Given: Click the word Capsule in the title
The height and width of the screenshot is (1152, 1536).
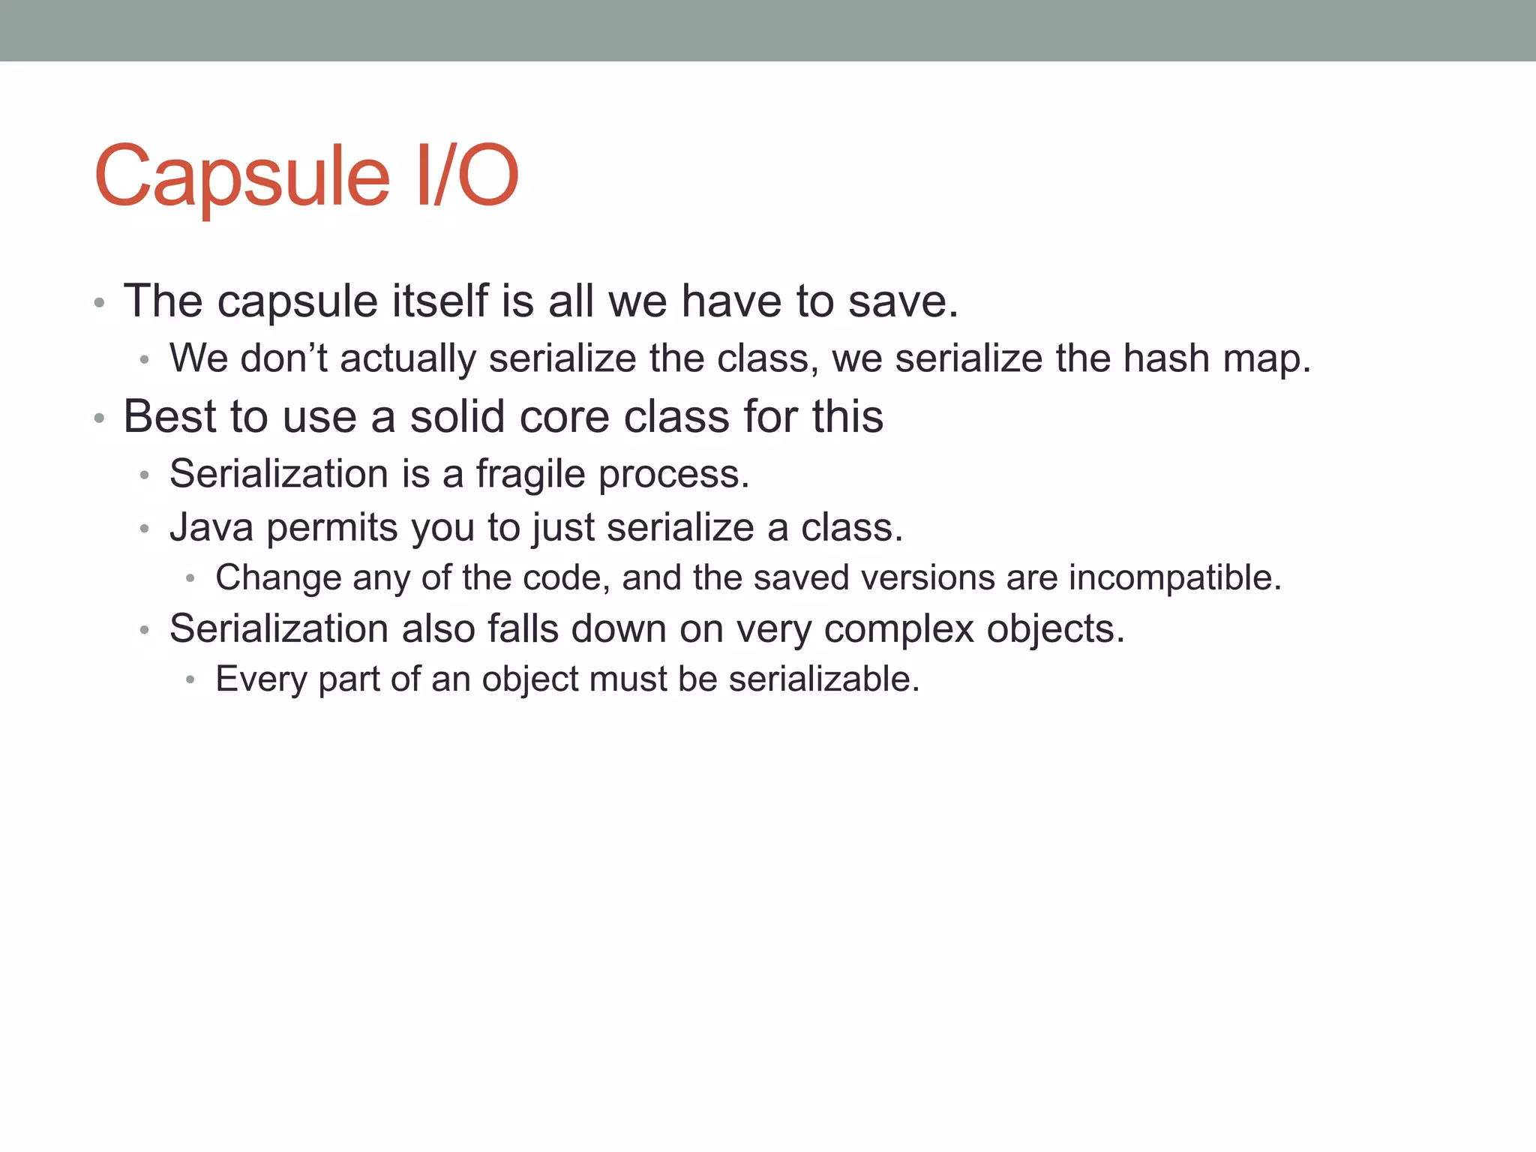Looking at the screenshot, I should [x=241, y=177].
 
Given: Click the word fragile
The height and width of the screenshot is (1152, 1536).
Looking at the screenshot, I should [x=530, y=475].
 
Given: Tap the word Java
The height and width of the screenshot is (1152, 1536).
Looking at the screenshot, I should [x=211, y=527].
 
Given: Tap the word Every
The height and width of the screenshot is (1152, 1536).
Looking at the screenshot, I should [x=261, y=679].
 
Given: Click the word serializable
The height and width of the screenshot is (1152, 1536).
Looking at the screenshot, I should [x=823, y=679].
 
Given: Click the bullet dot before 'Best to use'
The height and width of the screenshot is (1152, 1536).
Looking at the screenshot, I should [x=99, y=418].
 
